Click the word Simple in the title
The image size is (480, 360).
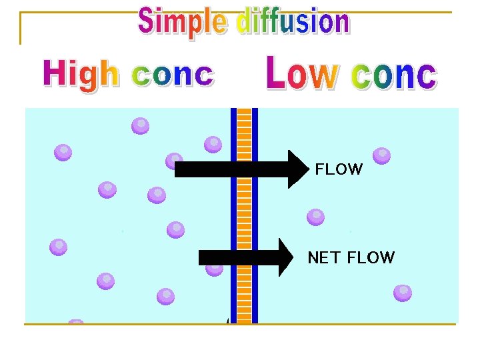pos(183,22)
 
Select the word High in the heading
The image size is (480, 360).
pos(81,75)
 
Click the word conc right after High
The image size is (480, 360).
pos(173,75)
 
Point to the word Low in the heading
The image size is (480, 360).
pos(303,73)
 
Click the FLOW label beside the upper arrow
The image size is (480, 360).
pos(339,169)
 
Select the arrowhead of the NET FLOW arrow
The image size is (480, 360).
pos(286,257)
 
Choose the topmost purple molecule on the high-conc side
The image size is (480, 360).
pos(140,126)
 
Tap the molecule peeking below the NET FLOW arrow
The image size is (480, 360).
pos(214,270)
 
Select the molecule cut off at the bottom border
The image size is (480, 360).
pos(75,321)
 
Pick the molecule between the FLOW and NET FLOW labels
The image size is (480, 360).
pos(315,217)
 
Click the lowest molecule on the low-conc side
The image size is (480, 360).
pos(403,293)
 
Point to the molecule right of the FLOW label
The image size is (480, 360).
pos(382,156)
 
